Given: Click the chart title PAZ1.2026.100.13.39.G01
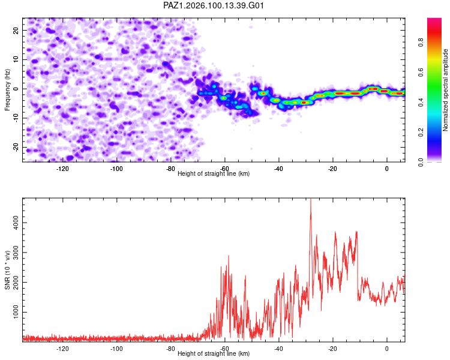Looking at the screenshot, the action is coord(213,5).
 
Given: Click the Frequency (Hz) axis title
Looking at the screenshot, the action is coord(7,90).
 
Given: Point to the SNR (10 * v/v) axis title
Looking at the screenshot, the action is coord(7,270).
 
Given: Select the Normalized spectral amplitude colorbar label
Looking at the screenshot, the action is coord(445,90).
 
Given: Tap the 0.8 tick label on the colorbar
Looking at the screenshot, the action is coord(421,43).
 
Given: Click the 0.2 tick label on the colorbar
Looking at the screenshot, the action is coord(421,133).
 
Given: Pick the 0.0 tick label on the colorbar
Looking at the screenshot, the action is coord(421,162).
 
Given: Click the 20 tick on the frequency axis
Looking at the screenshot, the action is coord(16,30).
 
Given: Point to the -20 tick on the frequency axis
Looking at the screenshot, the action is coord(16,147).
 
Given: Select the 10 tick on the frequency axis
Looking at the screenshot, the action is coord(16,59).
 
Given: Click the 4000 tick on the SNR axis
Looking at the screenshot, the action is coord(16,223).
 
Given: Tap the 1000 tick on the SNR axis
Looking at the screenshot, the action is coord(16,312).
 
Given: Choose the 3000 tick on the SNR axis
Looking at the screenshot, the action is coord(16,253).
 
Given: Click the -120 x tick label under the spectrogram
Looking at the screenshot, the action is coord(62,169).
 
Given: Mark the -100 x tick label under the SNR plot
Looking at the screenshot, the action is coord(116,349).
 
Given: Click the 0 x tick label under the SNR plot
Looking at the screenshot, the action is coord(386,349).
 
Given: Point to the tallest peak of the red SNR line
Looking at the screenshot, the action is coord(311,199).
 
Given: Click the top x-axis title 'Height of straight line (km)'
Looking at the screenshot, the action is coord(214,173).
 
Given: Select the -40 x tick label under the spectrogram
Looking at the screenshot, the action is coord(278,169).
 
